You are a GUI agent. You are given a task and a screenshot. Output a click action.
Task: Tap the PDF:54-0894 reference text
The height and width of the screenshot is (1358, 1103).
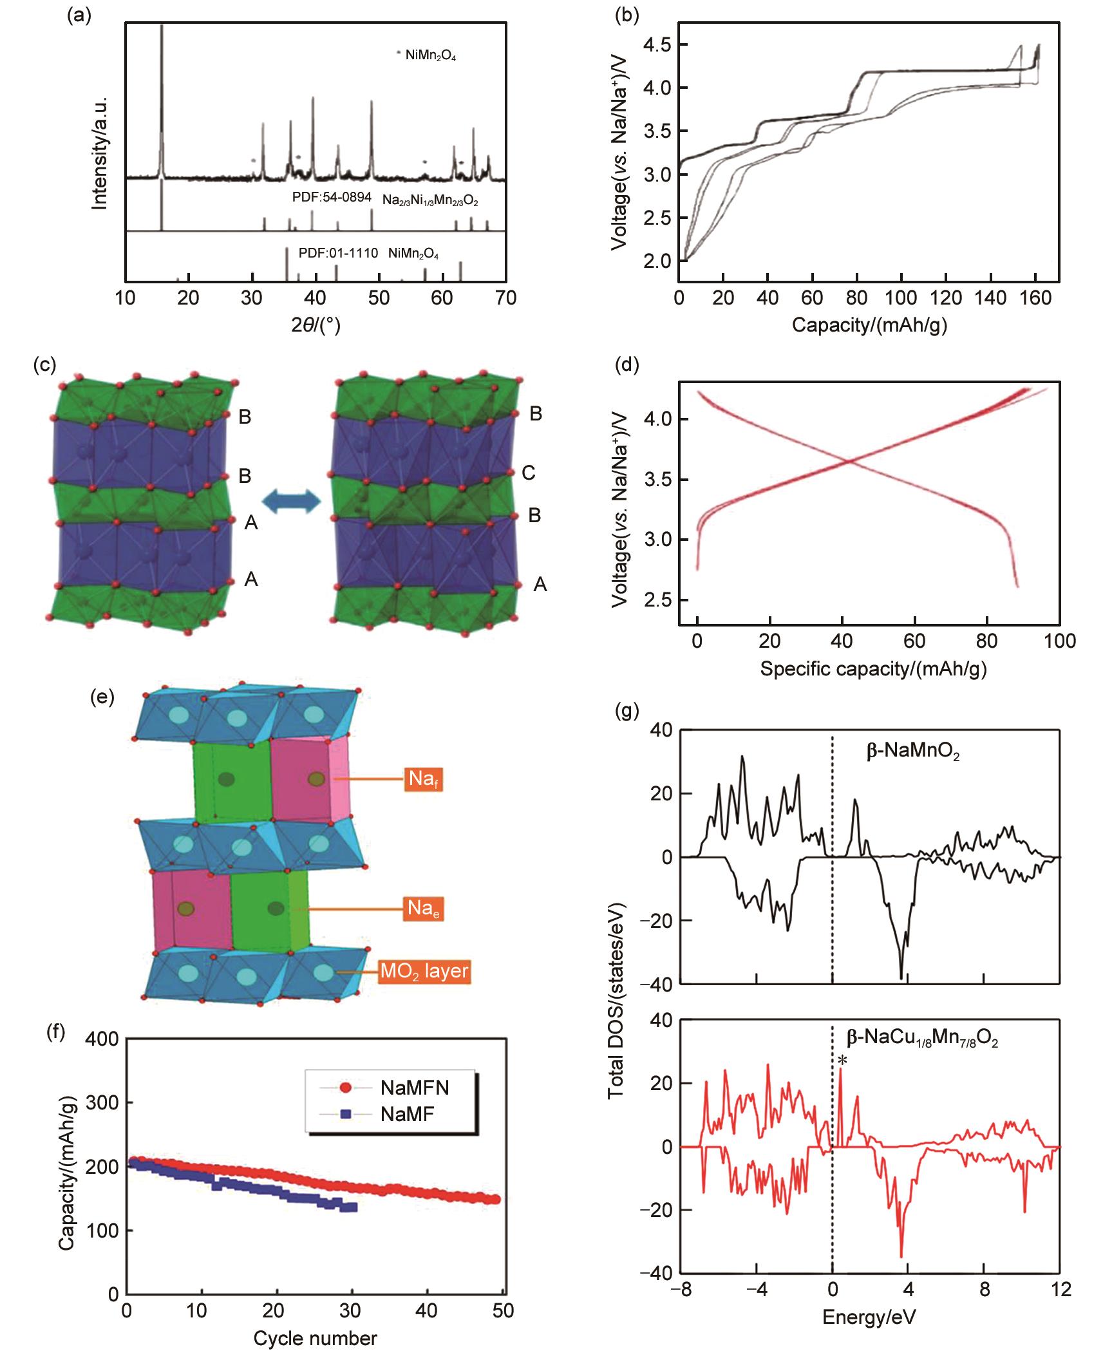tap(332, 198)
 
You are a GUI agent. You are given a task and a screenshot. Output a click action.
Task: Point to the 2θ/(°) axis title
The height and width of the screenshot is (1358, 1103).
tap(316, 325)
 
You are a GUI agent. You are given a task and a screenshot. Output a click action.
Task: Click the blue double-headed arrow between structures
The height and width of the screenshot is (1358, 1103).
tap(290, 501)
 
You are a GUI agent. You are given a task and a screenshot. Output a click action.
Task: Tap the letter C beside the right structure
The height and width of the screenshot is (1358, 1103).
tap(529, 473)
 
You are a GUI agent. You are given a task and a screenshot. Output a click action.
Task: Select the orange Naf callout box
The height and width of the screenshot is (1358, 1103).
tap(424, 779)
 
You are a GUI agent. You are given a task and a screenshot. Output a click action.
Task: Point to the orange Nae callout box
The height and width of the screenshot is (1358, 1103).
tap(424, 909)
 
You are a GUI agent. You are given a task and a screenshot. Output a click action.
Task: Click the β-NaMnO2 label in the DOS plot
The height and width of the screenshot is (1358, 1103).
tap(913, 752)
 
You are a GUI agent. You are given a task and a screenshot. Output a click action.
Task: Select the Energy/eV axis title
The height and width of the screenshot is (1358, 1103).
tap(868, 1315)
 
